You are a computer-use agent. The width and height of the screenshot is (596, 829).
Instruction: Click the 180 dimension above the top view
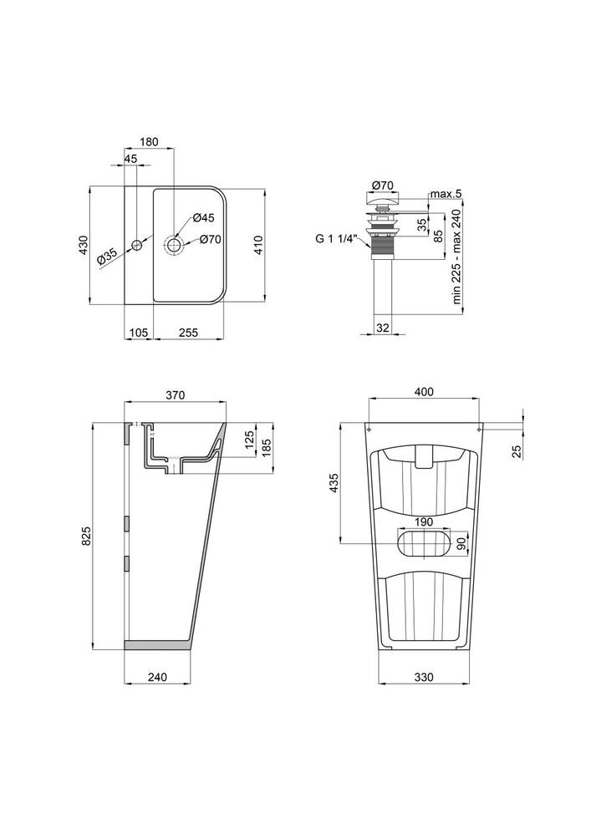pos(150,142)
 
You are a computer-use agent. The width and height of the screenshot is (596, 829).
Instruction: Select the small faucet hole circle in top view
pos(135,246)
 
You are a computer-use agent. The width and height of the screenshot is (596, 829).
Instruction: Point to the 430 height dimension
pos(82,245)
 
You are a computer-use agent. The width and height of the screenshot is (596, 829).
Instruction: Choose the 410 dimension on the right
pos(259,245)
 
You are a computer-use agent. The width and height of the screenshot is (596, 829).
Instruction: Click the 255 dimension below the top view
pos(189,333)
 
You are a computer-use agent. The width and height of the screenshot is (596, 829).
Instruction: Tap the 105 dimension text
pos(139,333)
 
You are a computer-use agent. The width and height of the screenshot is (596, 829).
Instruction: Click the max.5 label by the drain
pos(446,195)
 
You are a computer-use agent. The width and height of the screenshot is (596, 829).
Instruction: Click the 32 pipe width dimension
pos(383,327)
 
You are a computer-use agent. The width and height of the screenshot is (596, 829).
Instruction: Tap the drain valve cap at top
pos(382,200)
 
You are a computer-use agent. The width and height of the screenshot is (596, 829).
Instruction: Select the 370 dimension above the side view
pos(174,395)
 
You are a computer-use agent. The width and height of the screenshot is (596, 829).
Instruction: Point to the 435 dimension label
pos(334,484)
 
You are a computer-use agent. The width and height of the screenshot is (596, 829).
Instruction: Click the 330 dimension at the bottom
pos(425,678)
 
